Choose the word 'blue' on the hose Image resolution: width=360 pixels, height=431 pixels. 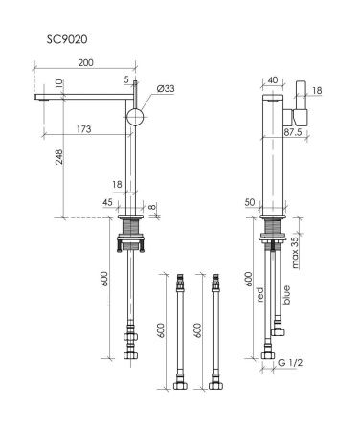(287, 296)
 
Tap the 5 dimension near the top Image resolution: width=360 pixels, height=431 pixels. (125, 80)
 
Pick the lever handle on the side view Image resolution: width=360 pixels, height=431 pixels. (299, 102)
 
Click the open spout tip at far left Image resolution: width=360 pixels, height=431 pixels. (38, 97)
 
